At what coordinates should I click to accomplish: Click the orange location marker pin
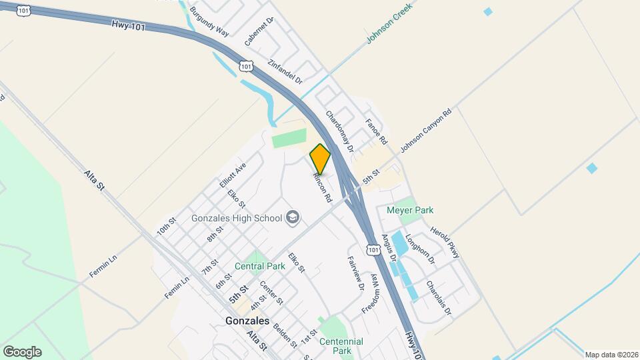click(320, 159)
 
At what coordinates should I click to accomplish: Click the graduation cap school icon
click(292, 217)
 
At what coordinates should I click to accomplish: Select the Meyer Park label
click(410, 210)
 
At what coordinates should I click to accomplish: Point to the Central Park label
click(259, 265)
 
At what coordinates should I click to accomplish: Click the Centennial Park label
click(341, 346)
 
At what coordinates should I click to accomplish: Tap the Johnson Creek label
click(389, 24)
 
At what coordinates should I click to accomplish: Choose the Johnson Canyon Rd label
click(426, 130)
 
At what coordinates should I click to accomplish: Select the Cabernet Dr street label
click(259, 32)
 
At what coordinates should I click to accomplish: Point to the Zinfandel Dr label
click(285, 72)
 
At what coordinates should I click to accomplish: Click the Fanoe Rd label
click(376, 132)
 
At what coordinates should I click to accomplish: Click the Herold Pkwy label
click(445, 241)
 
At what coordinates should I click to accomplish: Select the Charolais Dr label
click(439, 301)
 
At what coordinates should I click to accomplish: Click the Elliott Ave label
click(233, 175)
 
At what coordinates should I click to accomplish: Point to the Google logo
click(22, 351)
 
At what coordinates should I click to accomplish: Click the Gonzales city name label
click(243, 321)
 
